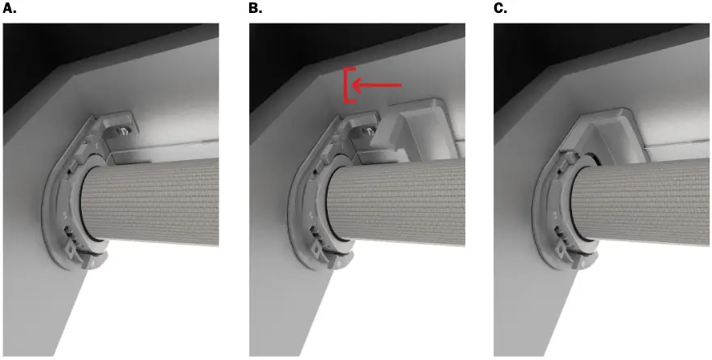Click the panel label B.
[255, 9]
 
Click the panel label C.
[500, 9]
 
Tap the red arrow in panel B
[379, 85]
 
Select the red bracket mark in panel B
[348, 85]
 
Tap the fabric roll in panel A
[162, 198]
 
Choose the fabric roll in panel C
[647, 198]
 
